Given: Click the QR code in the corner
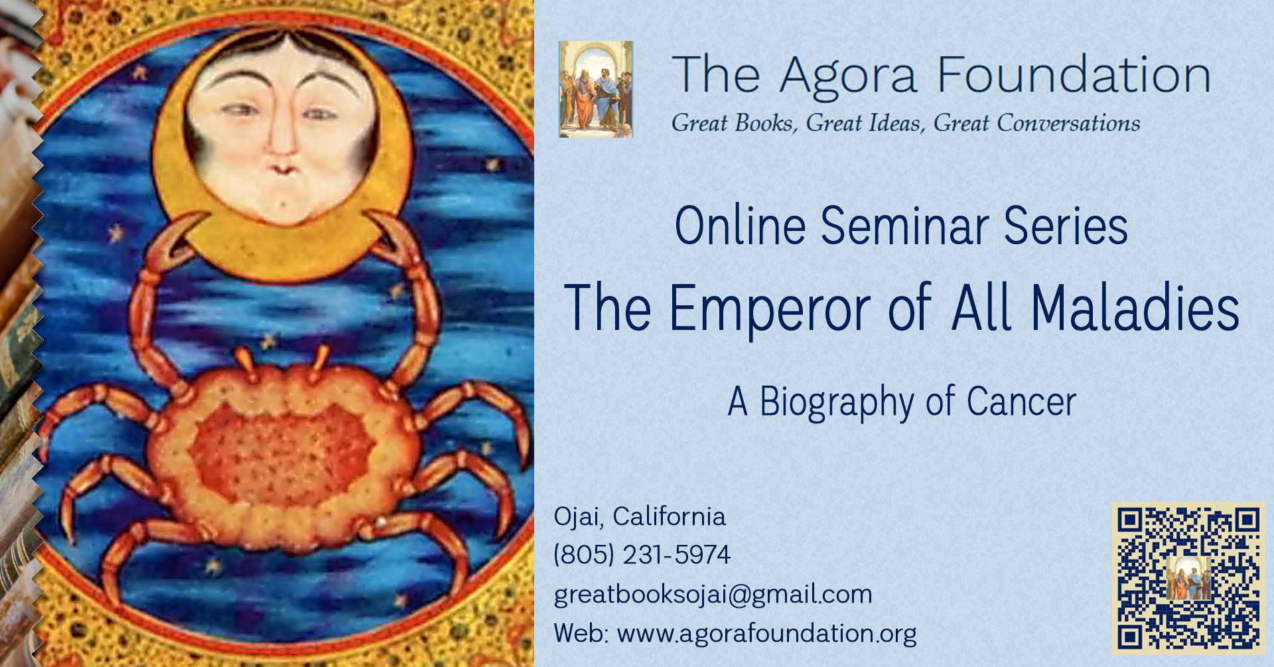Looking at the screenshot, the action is click(1188, 578).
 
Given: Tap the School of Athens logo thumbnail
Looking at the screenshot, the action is click(596, 90).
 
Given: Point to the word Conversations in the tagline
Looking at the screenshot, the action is click(1068, 123).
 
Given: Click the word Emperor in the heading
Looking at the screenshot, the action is click(770, 307).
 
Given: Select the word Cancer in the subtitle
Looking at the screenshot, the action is click(1021, 402).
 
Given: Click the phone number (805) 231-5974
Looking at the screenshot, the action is click(642, 555).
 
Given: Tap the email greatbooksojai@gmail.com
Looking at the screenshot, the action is click(713, 595).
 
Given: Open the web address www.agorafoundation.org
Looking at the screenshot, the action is click(767, 634).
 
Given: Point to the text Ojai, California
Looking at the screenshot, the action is click(640, 517).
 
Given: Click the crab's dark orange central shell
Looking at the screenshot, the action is click(282, 451).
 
